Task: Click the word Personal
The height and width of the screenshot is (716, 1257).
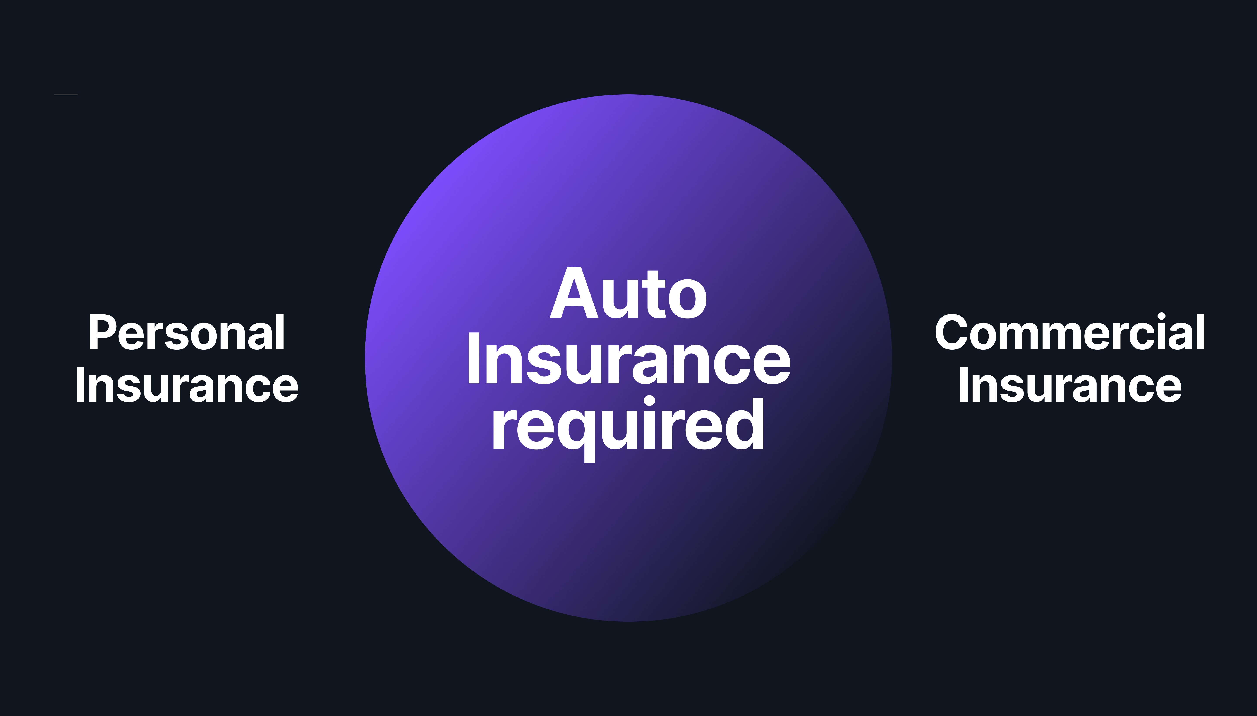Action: coord(187,333)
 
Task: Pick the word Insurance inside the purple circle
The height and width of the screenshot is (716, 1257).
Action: coord(628,360)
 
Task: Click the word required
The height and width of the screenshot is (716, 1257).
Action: coord(628,425)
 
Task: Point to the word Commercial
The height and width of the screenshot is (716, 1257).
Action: coord(1070,333)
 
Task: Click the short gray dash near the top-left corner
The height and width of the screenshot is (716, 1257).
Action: coord(66,94)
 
